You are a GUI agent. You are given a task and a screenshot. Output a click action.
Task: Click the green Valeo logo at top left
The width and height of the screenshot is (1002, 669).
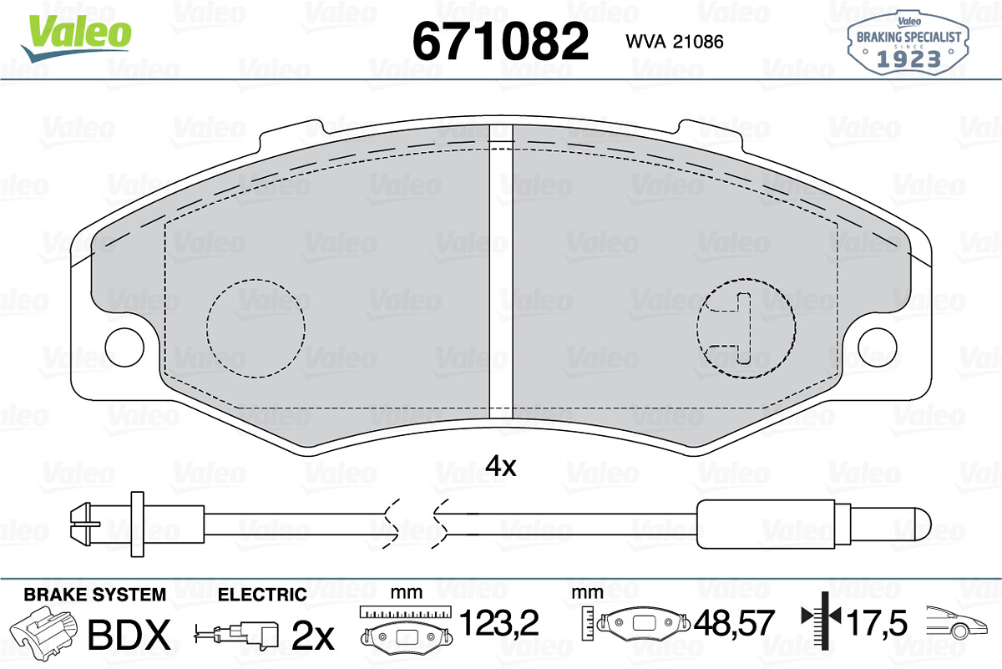[x=77, y=38]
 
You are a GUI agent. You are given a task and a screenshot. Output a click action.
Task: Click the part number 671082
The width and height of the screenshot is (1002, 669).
[x=500, y=41]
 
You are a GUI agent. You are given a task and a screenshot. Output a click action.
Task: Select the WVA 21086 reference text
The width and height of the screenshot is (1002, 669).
[x=675, y=42]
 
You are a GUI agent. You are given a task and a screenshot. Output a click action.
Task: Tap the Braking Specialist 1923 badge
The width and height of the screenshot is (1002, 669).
[x=908, y=43]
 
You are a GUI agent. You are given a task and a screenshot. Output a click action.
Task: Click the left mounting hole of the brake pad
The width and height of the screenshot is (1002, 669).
[x=124, y=347]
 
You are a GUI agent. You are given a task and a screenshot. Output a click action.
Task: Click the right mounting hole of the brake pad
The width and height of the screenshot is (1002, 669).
[x=878, y=347]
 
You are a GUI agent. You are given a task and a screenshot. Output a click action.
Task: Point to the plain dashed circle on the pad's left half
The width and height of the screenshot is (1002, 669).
[x=256, y=279]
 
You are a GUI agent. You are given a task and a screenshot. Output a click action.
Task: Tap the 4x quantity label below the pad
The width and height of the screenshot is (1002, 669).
[x=501, y=467]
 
